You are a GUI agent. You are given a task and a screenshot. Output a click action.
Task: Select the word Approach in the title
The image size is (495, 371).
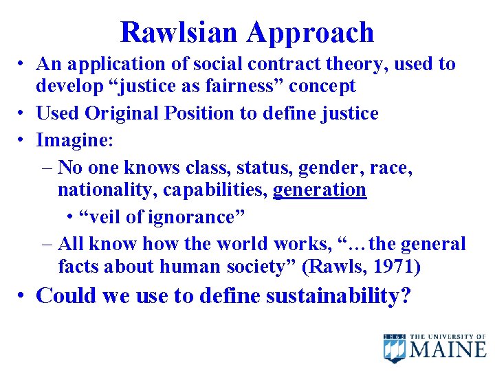click(311, 33)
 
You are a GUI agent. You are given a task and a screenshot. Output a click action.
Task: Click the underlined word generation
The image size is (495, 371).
click(320, 189)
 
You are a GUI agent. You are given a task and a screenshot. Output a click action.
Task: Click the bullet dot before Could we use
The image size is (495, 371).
click(23, 296)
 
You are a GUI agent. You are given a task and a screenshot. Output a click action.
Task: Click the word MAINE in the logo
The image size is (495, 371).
click(448, 350)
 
